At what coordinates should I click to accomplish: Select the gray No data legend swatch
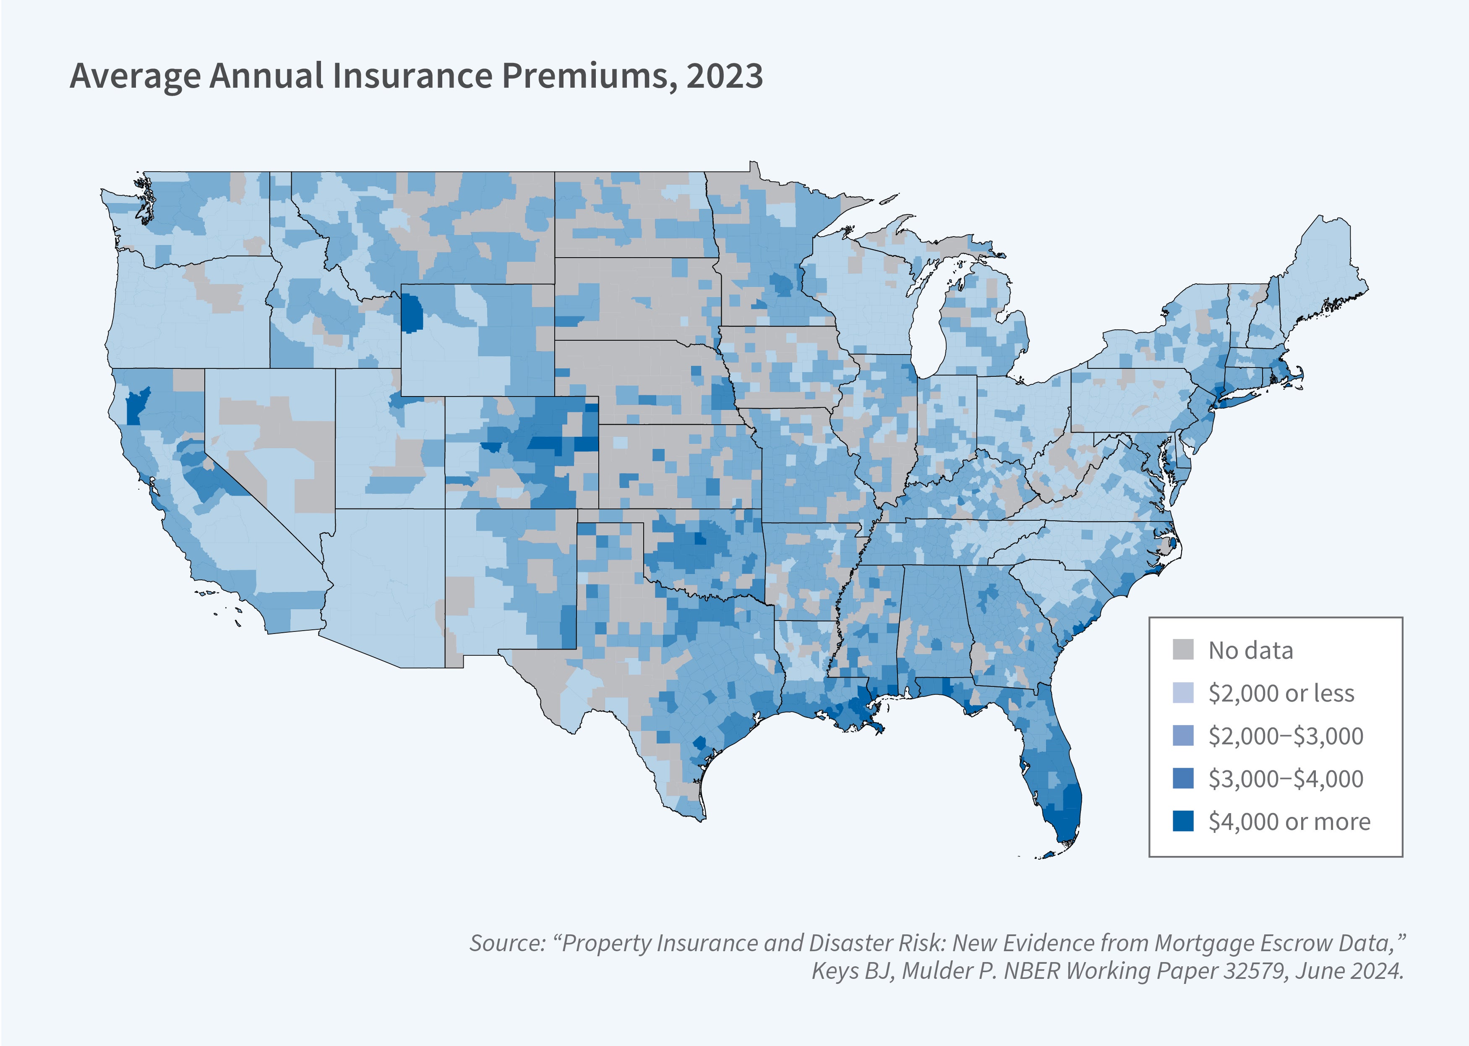pyautogui.click(x=1183, y=649)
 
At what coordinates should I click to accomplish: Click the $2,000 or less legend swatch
pyautogui.click(x=1183, y=692)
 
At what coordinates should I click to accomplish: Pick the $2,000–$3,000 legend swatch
pyautogui.click(x=1183, y=735)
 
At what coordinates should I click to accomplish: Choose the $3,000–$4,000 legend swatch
pyautogui.click(x=1183, y=778)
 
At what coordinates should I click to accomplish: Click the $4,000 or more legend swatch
pyautogui.click(x=1183, y=821)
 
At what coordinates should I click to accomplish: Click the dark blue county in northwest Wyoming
pyautogui.click(x=412, y=313)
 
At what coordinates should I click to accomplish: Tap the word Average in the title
pyautogui.click(x=135, y=76)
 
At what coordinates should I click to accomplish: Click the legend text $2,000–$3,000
pyautogui.click(x=1286, y=736)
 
